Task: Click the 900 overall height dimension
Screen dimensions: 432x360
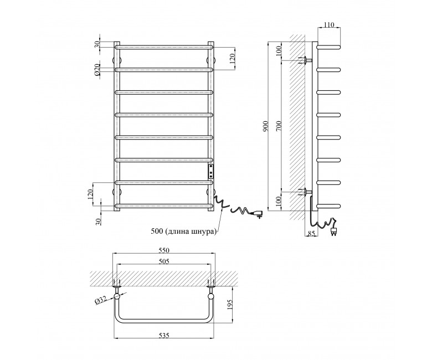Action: (266, 126)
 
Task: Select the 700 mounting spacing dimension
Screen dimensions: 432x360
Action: (279, 126)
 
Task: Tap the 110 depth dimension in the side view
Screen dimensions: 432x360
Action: (329, 25)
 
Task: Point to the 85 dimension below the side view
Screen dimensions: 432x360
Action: (311, 234)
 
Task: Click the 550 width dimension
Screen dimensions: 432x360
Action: (163, 250)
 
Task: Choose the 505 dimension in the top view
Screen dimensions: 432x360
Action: (163, 261)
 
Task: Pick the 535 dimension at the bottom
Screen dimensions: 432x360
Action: (163, 335)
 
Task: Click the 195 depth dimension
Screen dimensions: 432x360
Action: (230, 305)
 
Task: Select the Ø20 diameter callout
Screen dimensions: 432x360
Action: (97, 70)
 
